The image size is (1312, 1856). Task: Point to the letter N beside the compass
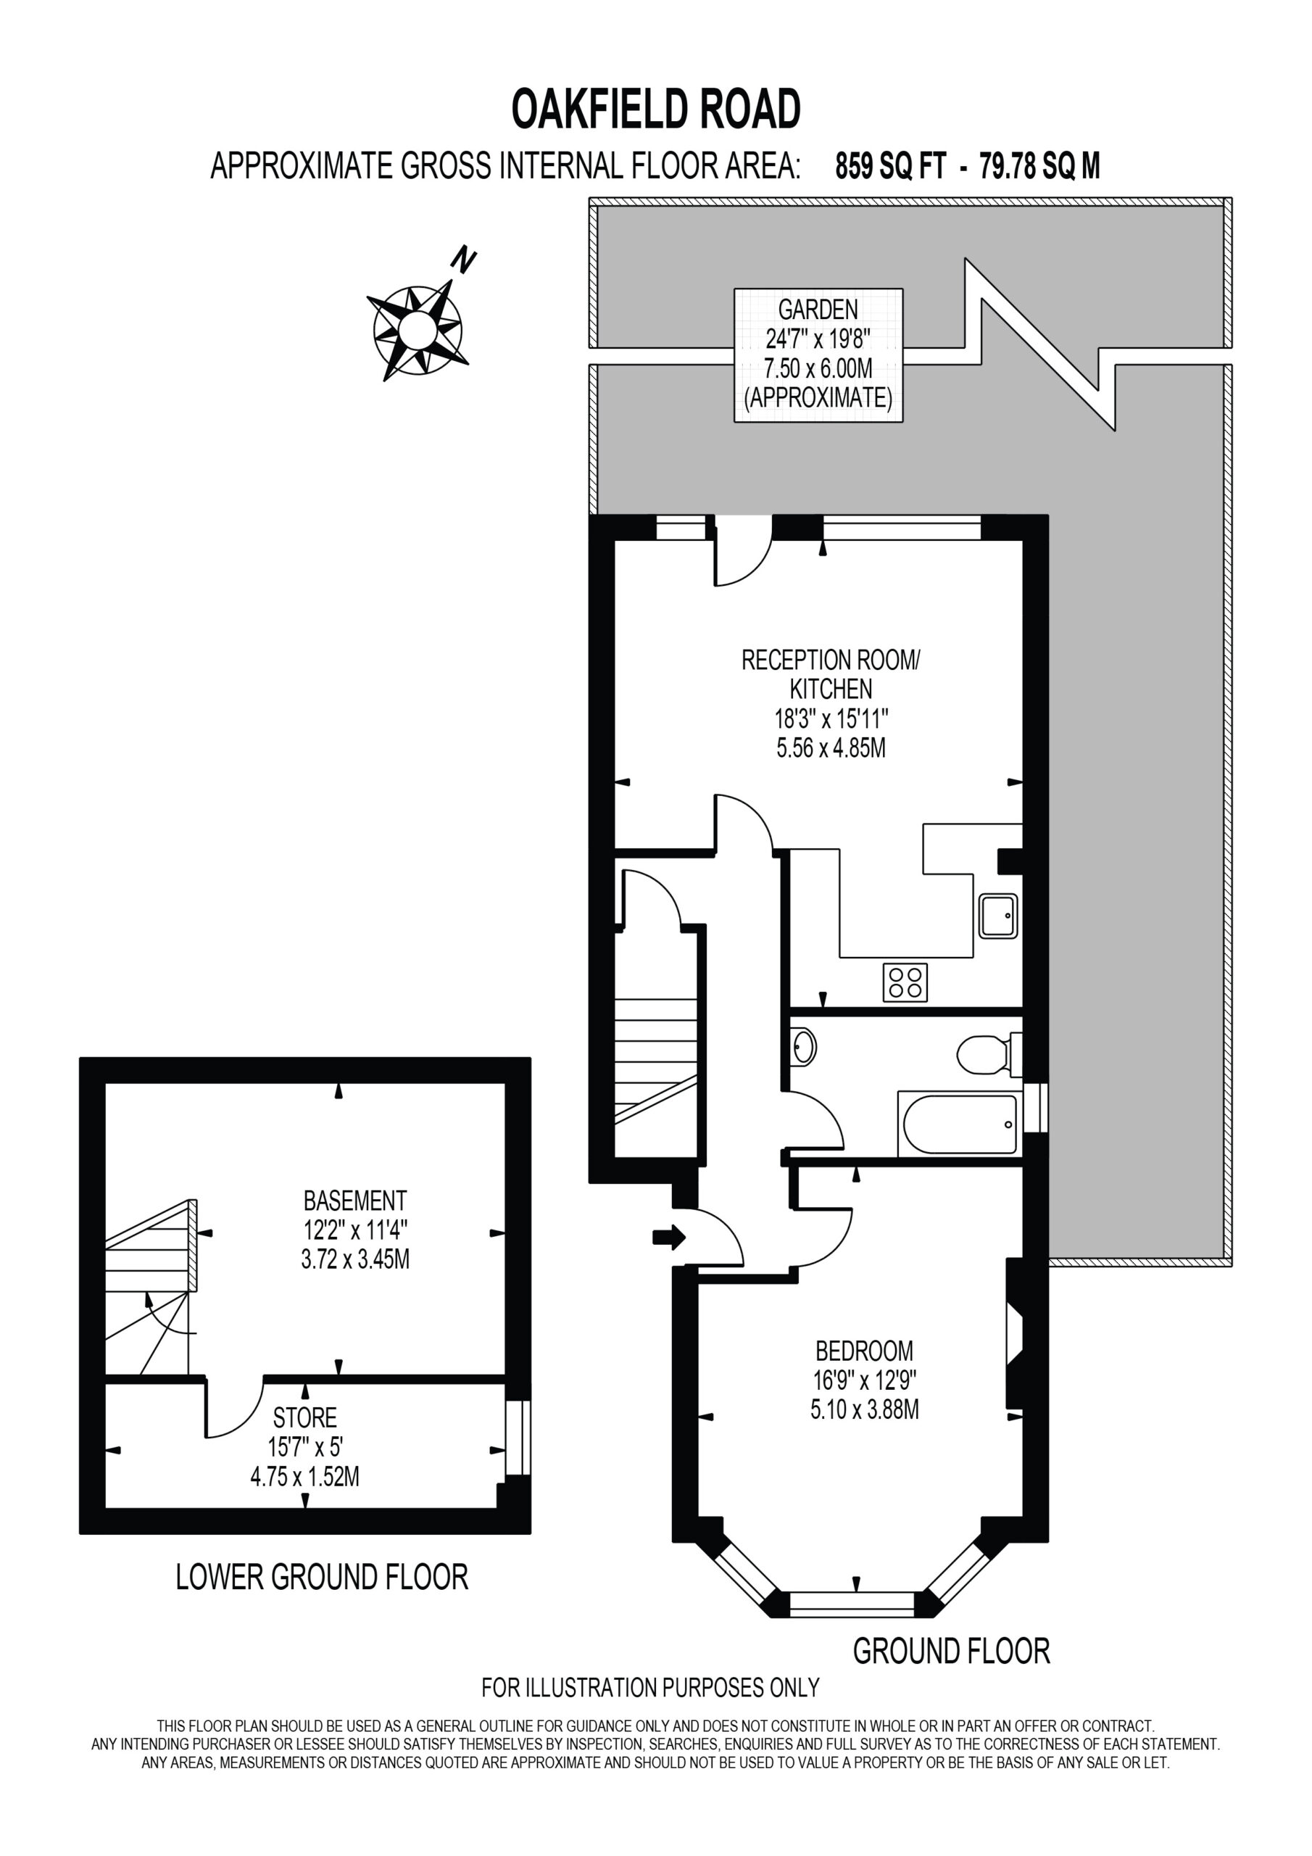(x=462, y=260)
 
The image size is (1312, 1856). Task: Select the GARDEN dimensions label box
(x=818, y=355)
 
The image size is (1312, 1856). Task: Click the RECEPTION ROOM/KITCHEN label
(x=831, y=674)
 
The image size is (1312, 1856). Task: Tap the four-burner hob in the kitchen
(x=905, y=982)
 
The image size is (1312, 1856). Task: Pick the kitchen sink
(x=997, y=916)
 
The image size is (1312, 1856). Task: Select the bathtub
(x=960, y=1124)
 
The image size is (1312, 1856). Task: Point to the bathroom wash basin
(x=802, y=1047)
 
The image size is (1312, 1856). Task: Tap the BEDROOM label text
(x=864, y=1350)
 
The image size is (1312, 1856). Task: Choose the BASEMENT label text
(x=355, y=1200)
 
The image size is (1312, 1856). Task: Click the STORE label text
(x=304, y=1417)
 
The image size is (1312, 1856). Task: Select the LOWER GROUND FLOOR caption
(x=322, y=1576)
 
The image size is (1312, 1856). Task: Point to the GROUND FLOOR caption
(x=952, y=1651)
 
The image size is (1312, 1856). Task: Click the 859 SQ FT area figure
(x=890, y=167)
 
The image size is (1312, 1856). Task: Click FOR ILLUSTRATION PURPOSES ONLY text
(x=651, y=1687)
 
